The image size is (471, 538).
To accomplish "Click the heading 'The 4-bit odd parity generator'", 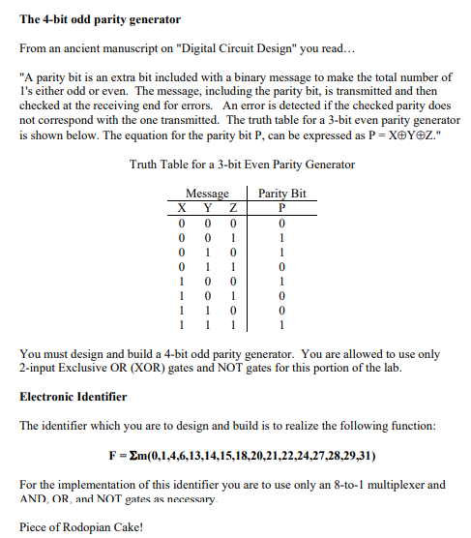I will pyautogui.click(x=86, y=19).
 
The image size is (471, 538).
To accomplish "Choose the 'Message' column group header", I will pyautogui.click(x=206, y=194).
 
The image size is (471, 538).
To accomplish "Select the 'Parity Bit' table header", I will pyautogui.click(x=281, y=194).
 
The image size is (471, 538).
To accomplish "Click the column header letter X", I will pyautogui.click(x=181, y=206).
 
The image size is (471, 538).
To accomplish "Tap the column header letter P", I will pyautogui.click(x=280, y=206).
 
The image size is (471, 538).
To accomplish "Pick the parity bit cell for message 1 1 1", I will pyautogui.click(x=280, y=326).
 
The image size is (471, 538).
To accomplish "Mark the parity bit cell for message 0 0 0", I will pyautogui.click(x=280, y=221).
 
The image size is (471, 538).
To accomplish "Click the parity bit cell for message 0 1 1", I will pyautogui.click(x=280, y=266).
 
